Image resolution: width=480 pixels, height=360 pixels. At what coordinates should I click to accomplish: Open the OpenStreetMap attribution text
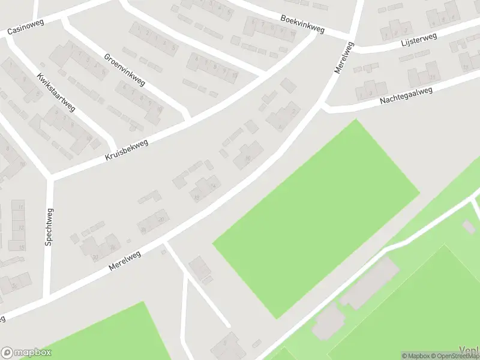pyautogui.click(x=455, y=356)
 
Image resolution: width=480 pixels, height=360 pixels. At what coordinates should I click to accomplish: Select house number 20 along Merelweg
pyautogui.click(x=161, y=220)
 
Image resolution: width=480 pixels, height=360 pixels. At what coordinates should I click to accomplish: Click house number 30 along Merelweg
pyautogui.click(x=95, y=257)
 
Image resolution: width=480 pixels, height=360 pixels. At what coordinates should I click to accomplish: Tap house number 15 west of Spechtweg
pyautogui.click(x=21, y=247)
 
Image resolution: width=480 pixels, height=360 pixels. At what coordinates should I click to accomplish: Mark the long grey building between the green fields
pyautogui.click(x=370, y=283)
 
